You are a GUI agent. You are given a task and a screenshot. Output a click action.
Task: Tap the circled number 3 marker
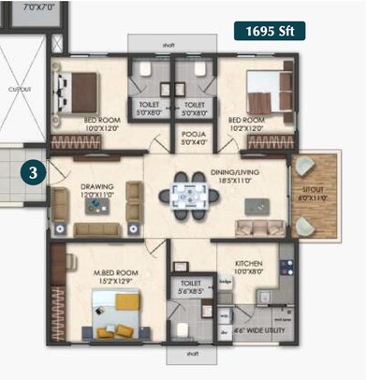34,173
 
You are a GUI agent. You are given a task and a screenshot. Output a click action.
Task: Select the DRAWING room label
97,190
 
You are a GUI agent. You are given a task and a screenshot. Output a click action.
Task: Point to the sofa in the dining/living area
254,227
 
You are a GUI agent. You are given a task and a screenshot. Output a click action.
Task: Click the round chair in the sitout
307,168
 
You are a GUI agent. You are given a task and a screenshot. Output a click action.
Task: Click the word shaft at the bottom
193,354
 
